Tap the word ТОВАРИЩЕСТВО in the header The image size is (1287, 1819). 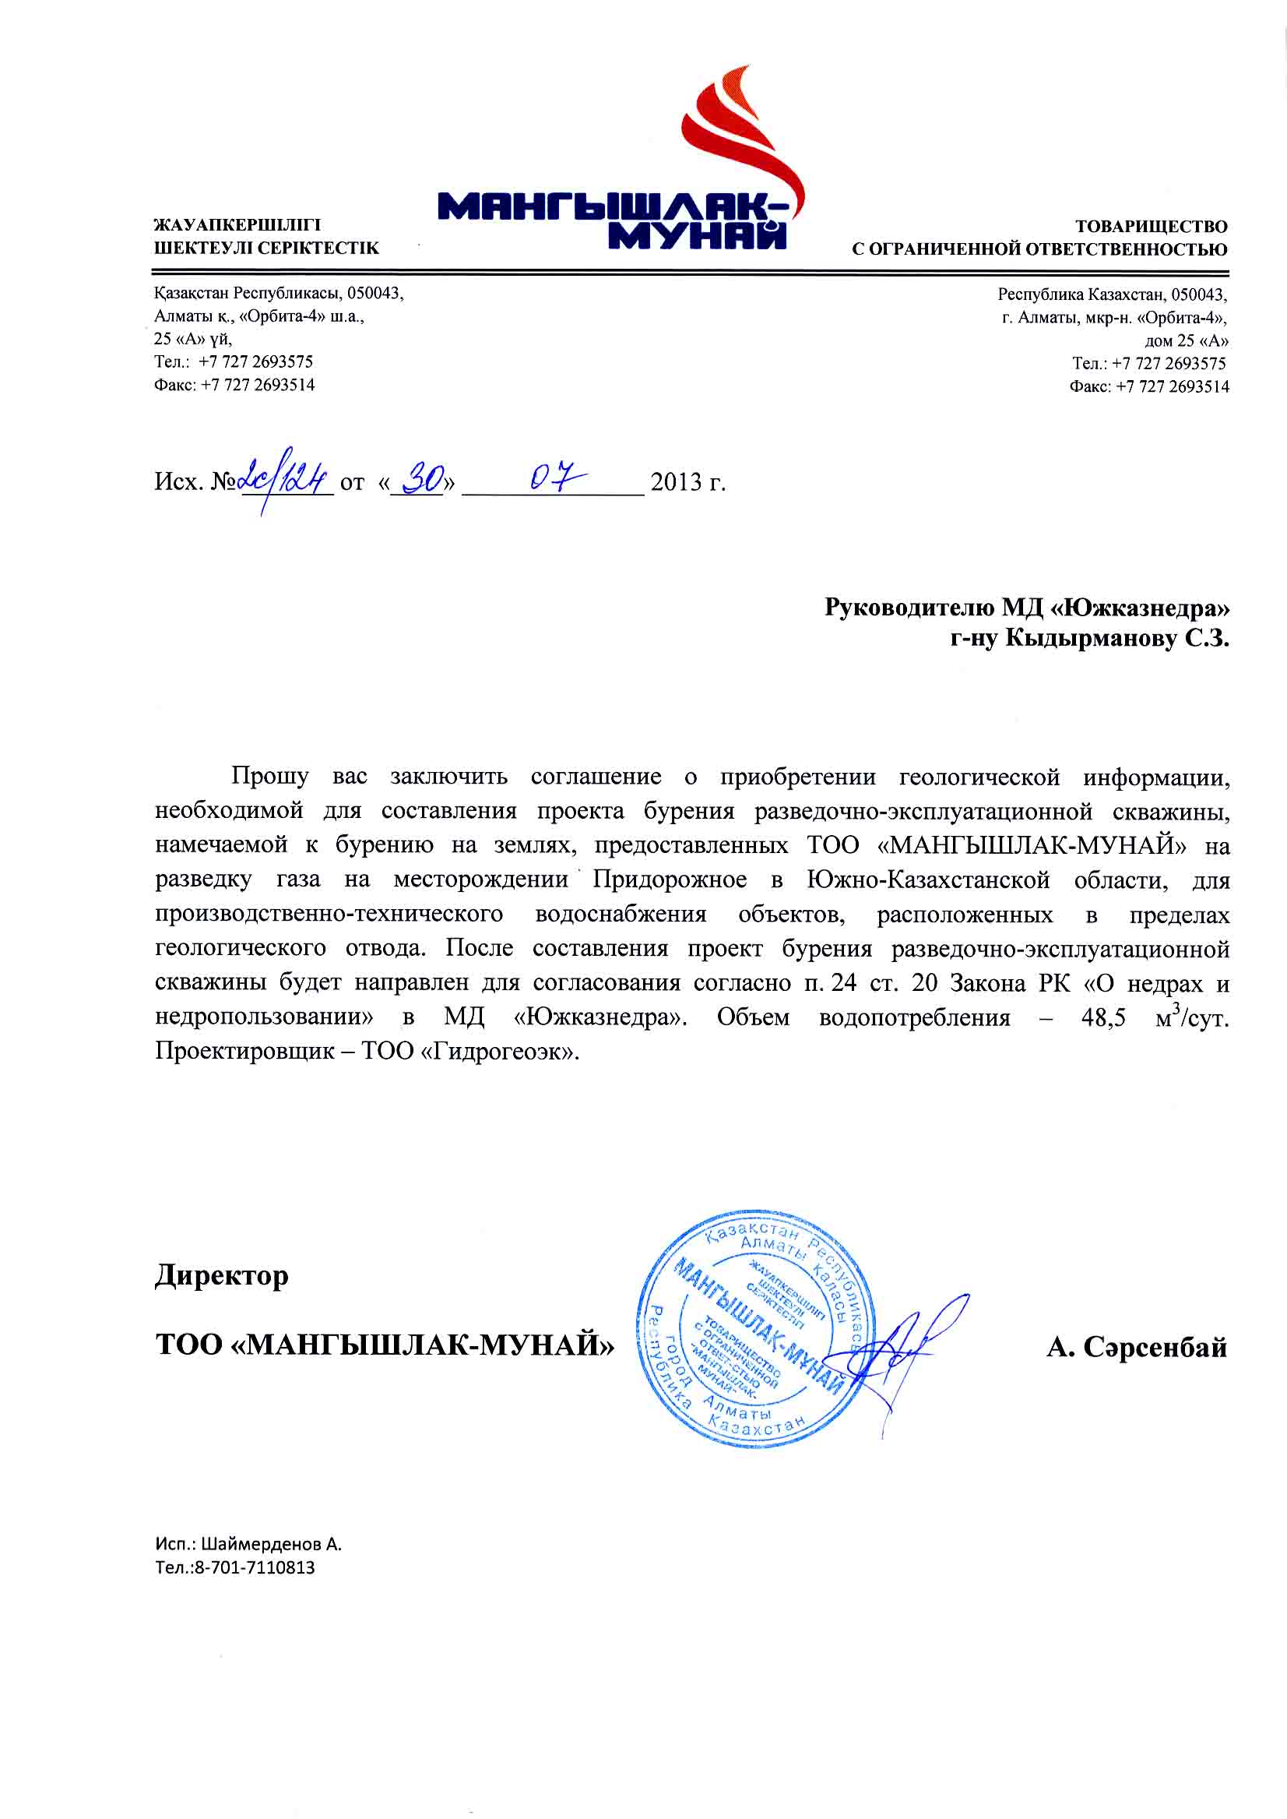[1151, 227]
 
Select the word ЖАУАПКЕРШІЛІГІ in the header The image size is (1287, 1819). [237, 226]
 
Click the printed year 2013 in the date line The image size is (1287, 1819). [676, 482]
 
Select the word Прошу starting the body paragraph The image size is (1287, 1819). [270, 776]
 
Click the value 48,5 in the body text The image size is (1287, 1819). [1103, 1018]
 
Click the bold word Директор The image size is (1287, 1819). [222, 1277]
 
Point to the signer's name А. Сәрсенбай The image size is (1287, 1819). [1137, 1347]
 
